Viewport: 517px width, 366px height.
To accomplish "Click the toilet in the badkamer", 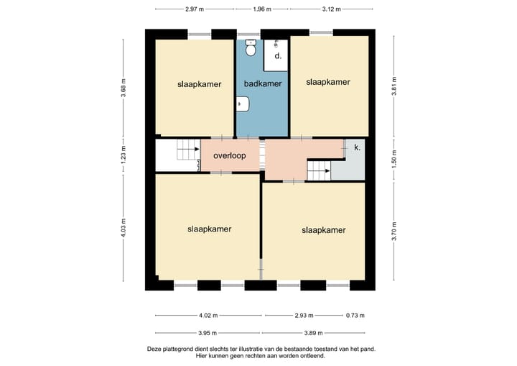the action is click(x=251, y=47).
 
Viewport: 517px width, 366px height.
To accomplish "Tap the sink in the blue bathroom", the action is click(x=243, y=104).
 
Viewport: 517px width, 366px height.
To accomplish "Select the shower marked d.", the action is click(x=275, y=55).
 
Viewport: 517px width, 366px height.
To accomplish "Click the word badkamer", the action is click(x=263, y=84).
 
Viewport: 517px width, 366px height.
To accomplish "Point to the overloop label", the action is click(x=230, y=155).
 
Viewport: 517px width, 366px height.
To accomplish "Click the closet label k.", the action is click(x=357, y=147).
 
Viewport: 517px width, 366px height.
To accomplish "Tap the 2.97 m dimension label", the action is click(x=195, y=9).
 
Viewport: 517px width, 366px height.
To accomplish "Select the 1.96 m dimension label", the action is click(x=262, y=9).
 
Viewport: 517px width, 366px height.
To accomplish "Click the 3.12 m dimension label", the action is click(x=331, y=9).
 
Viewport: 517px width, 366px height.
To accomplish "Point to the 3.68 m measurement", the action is click(x=124, y=88).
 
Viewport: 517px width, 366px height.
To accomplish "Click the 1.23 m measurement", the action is click(x=124, y=155).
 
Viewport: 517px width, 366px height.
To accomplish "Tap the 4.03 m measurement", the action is click(x=124, y=228).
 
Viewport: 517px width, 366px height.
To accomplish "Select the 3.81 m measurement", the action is click(x=394, y=86).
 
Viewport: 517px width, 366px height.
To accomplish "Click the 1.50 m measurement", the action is click(x=394, y=158).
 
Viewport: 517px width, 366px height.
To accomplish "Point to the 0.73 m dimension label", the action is click(x=355, y=316).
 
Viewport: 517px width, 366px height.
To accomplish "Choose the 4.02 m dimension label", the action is click(x=208, y=316).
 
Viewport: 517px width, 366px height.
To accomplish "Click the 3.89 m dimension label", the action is click(x=313, y=333).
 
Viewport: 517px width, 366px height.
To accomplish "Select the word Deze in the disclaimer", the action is click(x=154, y=349).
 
